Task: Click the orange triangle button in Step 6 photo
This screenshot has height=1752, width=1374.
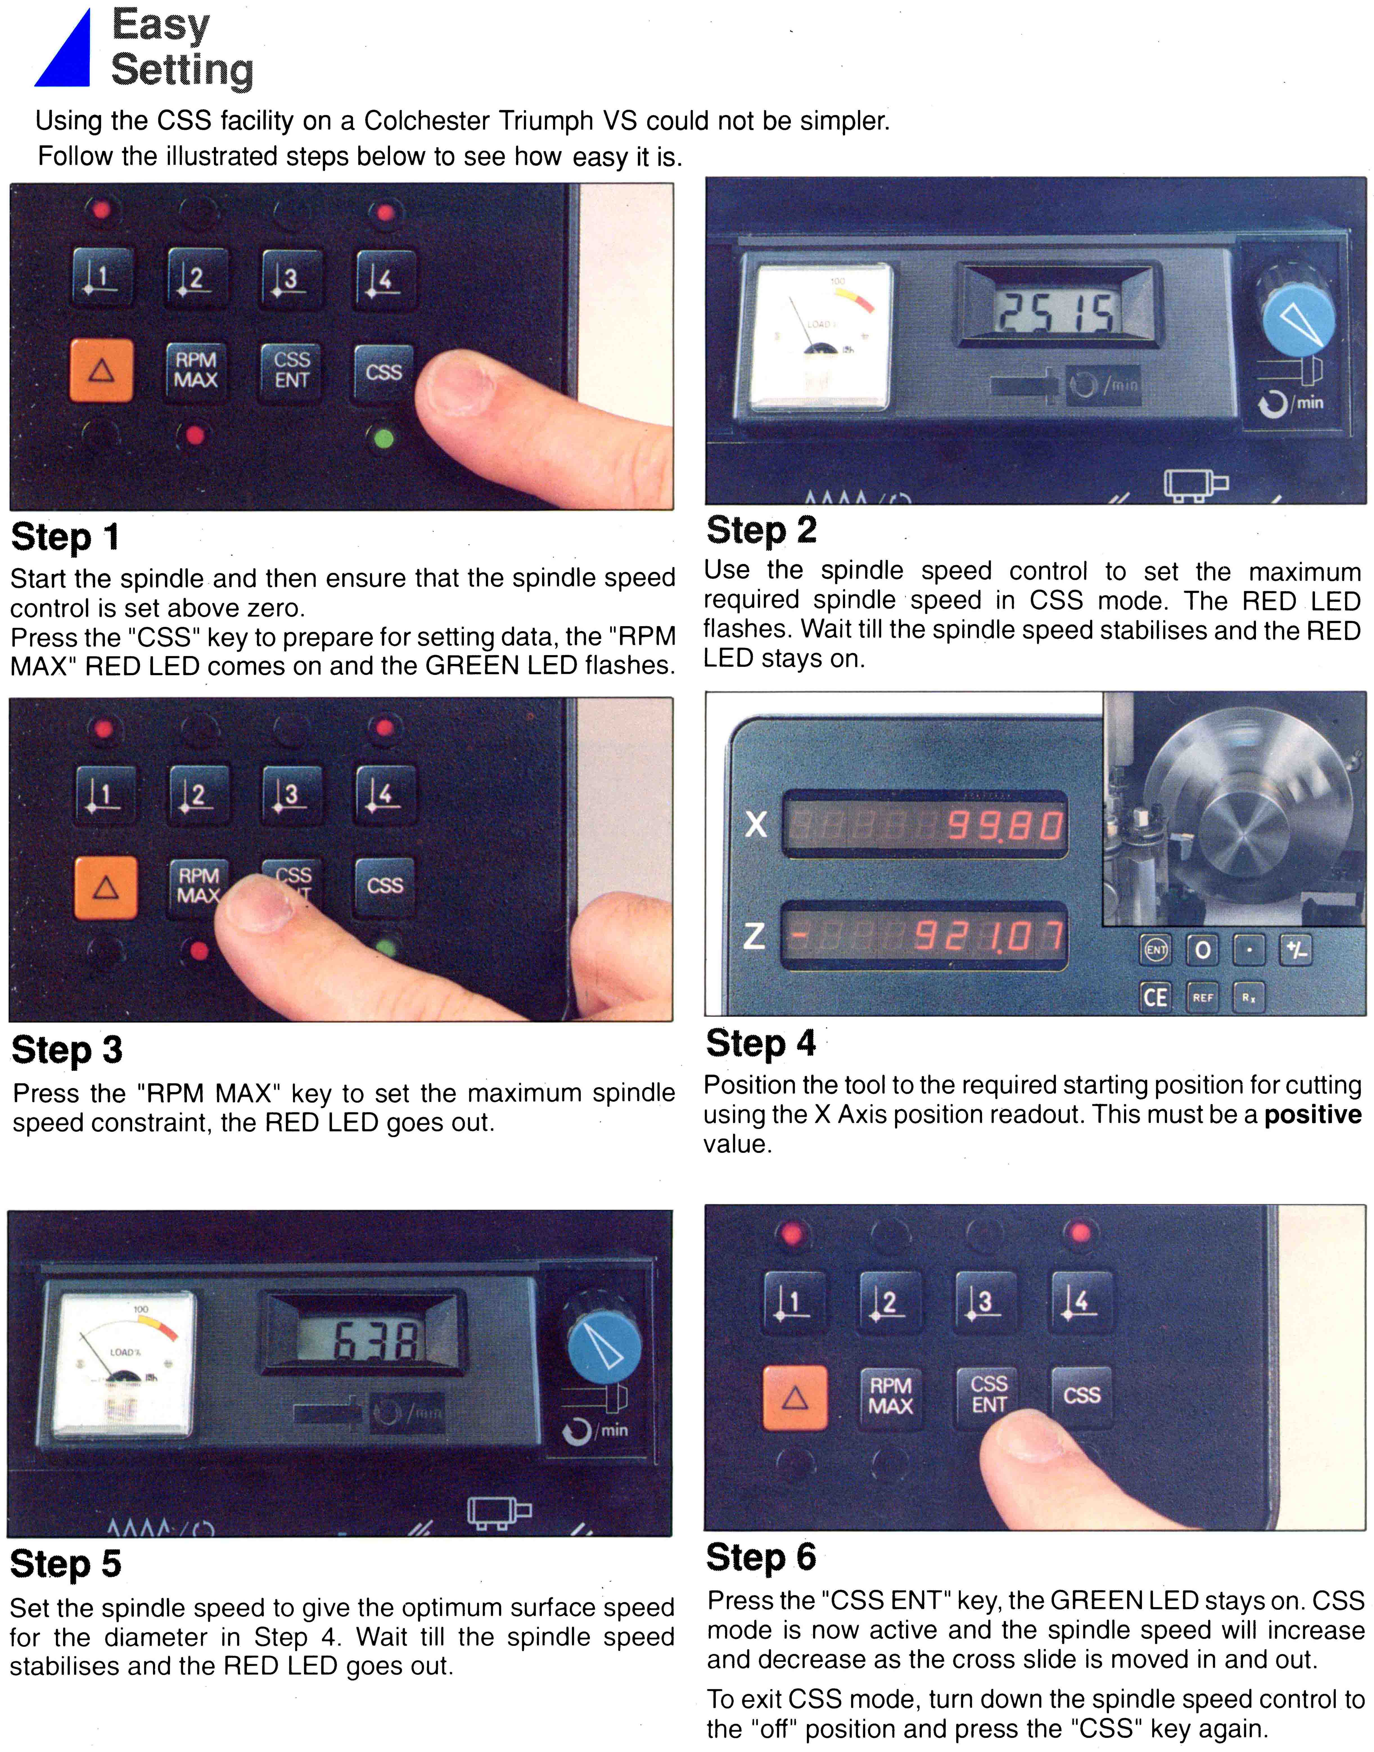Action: (795, 1398)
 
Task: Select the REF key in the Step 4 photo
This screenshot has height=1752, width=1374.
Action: (1203, 997)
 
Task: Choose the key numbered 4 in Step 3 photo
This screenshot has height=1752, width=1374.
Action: (384, 795)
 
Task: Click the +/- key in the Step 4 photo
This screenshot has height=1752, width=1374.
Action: (1296, 950)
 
